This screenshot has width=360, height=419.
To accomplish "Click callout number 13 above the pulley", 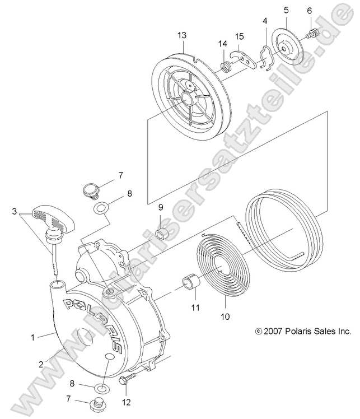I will point(181,35).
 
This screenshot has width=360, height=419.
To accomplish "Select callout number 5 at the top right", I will point(286,10).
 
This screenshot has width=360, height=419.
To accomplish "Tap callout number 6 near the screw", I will point(310,11).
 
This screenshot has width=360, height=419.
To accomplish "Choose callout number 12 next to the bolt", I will point(126,401).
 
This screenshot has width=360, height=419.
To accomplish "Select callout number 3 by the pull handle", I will point(13,212).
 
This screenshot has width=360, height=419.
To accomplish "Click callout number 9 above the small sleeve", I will point(160,206).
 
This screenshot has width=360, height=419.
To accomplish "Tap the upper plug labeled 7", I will point(90,189).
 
